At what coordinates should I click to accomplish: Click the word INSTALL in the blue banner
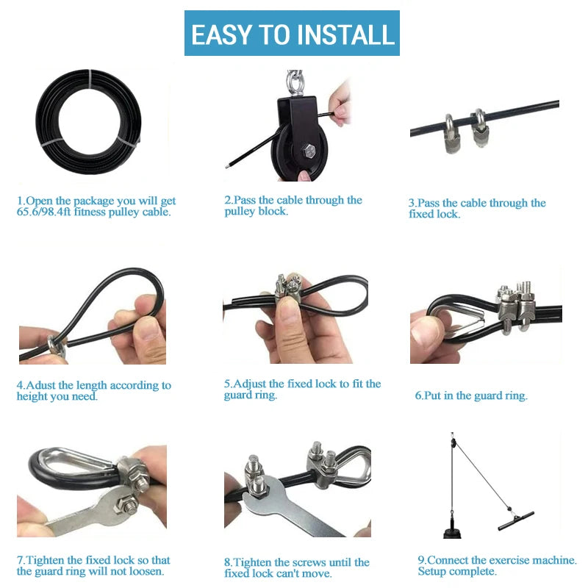(x=346, y=35)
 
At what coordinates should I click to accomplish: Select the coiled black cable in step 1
(x=88, y=121)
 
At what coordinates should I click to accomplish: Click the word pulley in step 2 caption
(x=240, y=212)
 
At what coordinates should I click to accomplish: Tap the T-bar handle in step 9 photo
(x=516, y=521)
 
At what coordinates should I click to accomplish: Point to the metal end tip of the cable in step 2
(x=227, y=166)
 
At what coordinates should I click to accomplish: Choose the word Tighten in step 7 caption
(x=45, y=560)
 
